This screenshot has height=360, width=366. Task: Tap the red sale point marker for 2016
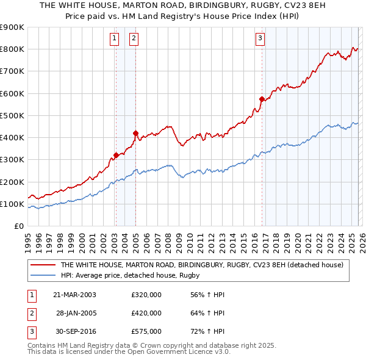(262, 99)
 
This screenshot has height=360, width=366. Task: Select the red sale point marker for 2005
(135, 133)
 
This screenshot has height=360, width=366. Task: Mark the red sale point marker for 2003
(116, 155)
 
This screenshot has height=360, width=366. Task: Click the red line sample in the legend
(43, 265)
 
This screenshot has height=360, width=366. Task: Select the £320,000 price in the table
(146, 295)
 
